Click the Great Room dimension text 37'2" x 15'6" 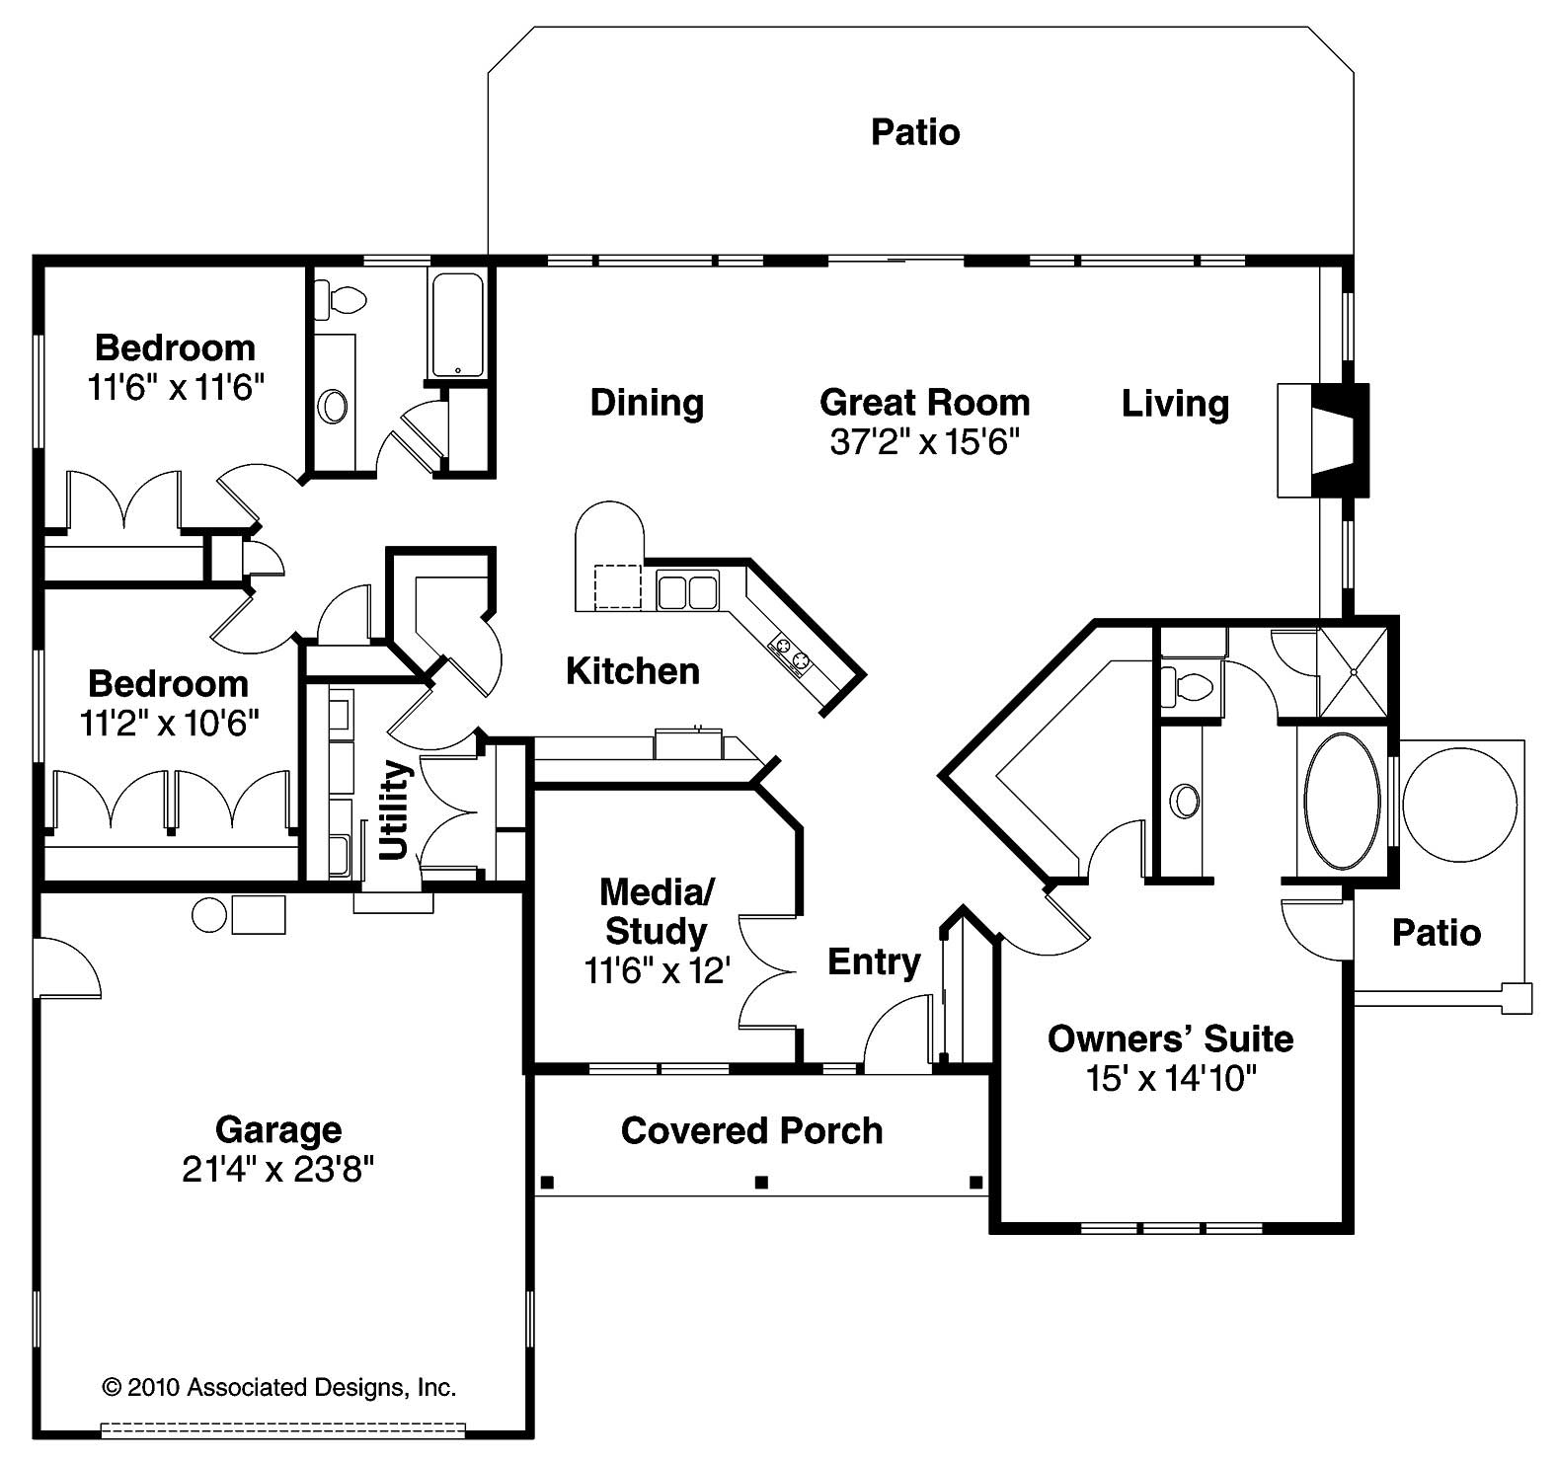pos(924,442)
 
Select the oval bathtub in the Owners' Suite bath pos(1341,801)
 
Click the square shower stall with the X pos(1353,670)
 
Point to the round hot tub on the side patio pos(1458,803)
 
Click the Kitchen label pos(633,671)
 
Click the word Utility pos(394,808)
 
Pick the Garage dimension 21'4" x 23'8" pos(277,1170)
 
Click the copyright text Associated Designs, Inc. pos(278,1387)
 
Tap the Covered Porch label pos(751,1130)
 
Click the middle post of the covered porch pos(760,1181)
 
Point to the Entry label pos(874,961)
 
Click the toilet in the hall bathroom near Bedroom pos(342,298)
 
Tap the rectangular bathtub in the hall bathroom pos(456,325)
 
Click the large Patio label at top pos(914,132)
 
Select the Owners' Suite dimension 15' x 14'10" pos(1170,1079)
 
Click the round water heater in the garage pos(208,914)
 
